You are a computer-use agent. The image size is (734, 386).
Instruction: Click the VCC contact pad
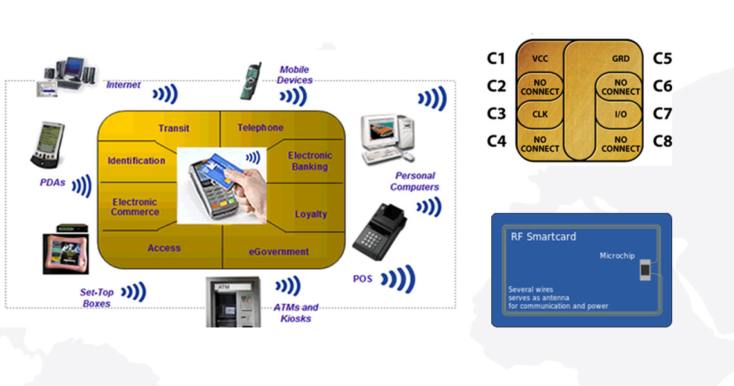pos(540,58)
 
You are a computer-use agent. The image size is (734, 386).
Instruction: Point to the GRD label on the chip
pos(621,59)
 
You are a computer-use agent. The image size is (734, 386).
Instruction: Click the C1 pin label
pos(496,59)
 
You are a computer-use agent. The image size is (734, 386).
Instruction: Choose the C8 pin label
pos(663,141)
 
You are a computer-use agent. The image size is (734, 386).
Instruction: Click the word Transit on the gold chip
pos(174,128)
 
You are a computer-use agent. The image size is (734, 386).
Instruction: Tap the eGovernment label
pos(279,252)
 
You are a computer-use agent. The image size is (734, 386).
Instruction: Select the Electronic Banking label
pos(310,161)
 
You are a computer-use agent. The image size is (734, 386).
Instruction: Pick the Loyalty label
pos(311,214)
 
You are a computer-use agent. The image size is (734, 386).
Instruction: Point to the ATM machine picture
pos(232,302)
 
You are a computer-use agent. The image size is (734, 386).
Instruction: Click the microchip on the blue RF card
pos(645,270)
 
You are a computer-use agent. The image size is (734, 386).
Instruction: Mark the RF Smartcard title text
pos(534,237)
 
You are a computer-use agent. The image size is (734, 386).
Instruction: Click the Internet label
pos(123,85)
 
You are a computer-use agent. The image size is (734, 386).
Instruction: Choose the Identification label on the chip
pos(136,161)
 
